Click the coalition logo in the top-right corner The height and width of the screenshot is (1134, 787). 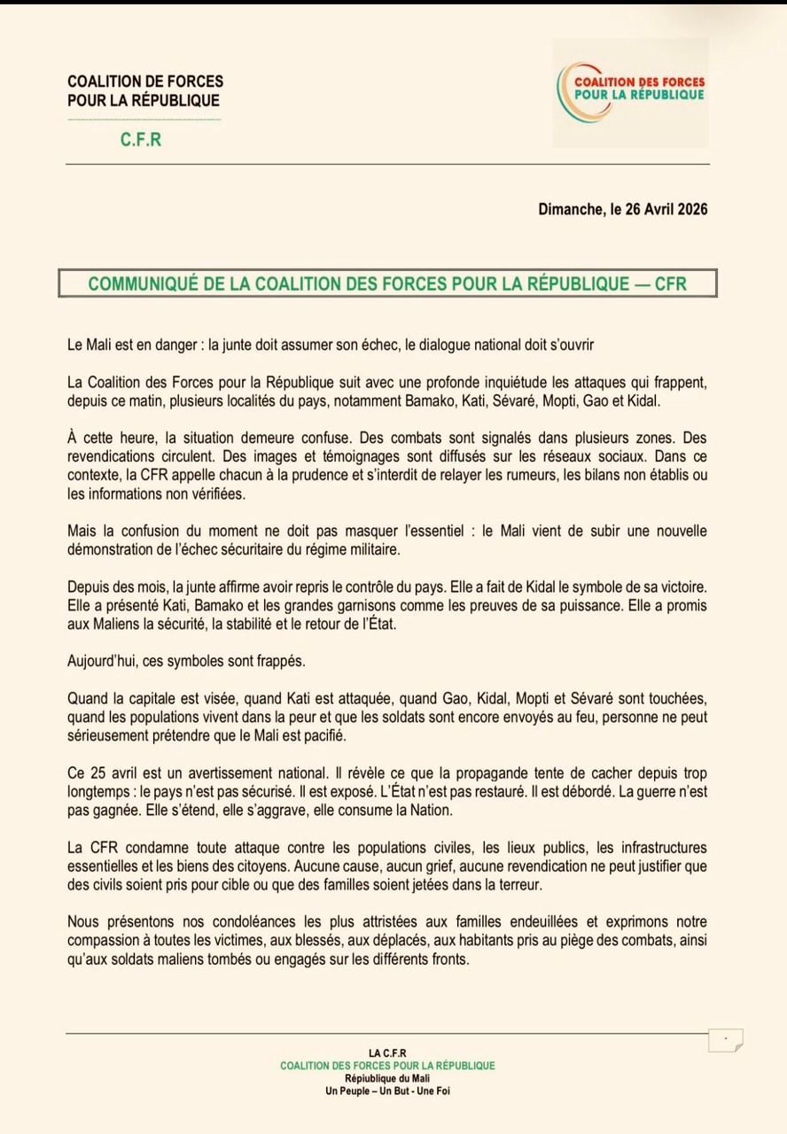pyautogui.click(x=630, y=91)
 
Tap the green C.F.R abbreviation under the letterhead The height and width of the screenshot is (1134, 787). pyautogui.click(x=141, y=140)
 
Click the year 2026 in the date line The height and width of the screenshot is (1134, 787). pyautogui.click(x=689, y=210)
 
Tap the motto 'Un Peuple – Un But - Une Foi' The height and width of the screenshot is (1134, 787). pyautogui.click(x=388, y=1091)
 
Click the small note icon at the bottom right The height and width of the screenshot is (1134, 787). pyautogui.click(x=726, y=1039)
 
